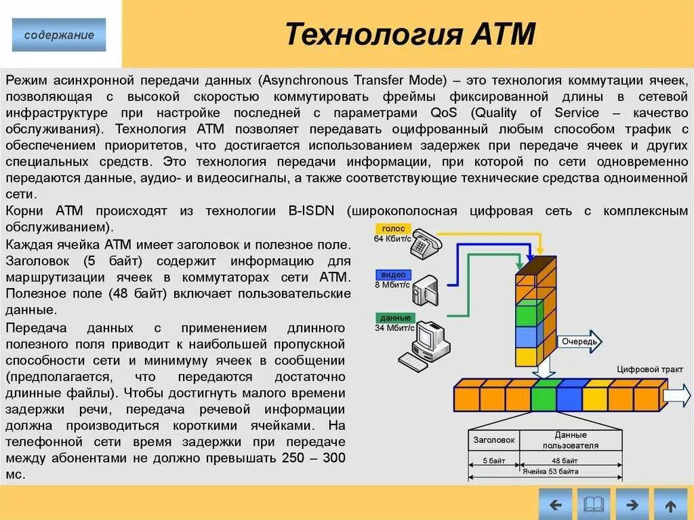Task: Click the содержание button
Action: point(59,35)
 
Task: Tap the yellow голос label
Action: point(393,229)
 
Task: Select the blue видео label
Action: point(393,275)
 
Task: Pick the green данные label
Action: point(394,318)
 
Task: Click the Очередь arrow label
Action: point(578,342)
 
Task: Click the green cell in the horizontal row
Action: point(544,395)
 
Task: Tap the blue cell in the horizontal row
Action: point(569,395)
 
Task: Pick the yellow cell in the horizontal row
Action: point(596,395)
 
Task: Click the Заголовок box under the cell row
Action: point(494,440)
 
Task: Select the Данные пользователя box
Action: point(570,440)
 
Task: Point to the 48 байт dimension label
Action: point(570,460)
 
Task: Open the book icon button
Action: point(594,504)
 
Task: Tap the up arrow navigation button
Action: point(670,504)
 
